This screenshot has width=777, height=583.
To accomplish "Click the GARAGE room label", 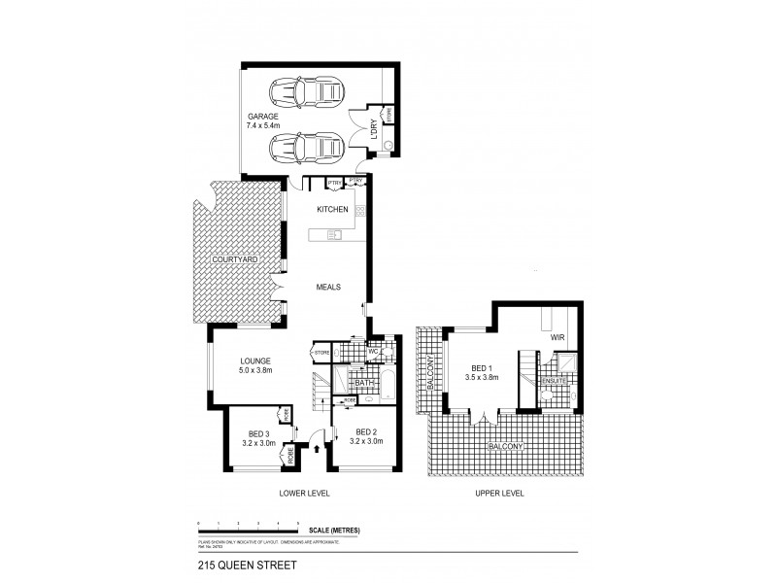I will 262,116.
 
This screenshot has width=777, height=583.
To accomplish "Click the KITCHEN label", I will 332,210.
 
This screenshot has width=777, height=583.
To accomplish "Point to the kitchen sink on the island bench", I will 335,233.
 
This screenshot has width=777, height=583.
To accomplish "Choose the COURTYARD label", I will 236,260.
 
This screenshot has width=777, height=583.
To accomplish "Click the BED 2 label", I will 365,432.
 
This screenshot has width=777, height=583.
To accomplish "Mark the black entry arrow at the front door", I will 319,449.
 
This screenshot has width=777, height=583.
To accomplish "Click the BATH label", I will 364,384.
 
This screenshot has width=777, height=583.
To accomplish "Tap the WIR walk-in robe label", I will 557,337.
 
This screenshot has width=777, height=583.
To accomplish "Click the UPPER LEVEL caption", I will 499,494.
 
